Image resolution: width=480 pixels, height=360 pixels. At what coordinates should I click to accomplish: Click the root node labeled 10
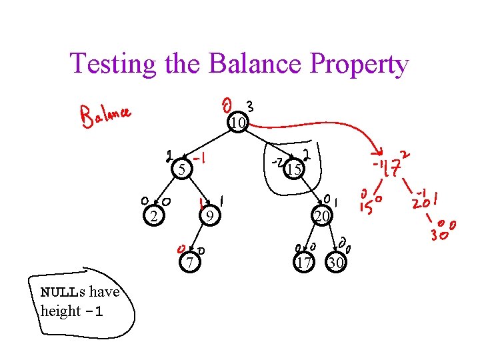pos(237,123)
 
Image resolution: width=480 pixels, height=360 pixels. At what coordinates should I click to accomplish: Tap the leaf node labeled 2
pos(154,215)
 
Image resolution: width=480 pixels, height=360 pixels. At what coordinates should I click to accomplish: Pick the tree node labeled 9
pos(209,215)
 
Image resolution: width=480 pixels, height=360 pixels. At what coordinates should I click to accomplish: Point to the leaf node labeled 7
pos(190,263)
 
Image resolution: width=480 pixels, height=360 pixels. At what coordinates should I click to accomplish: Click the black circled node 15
pos(293,171)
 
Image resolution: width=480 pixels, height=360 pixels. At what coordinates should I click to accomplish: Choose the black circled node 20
pos(321,215)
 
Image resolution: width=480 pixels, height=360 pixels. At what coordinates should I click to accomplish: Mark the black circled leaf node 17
pos(304,263)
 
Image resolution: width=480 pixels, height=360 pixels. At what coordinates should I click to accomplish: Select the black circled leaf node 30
pos(336,263)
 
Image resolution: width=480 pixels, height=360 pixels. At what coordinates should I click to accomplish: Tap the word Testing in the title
pos(113,65)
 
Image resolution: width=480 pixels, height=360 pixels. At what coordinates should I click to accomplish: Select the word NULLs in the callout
pos(63,292)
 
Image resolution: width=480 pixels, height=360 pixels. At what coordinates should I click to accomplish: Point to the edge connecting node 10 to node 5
pos(207,147)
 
